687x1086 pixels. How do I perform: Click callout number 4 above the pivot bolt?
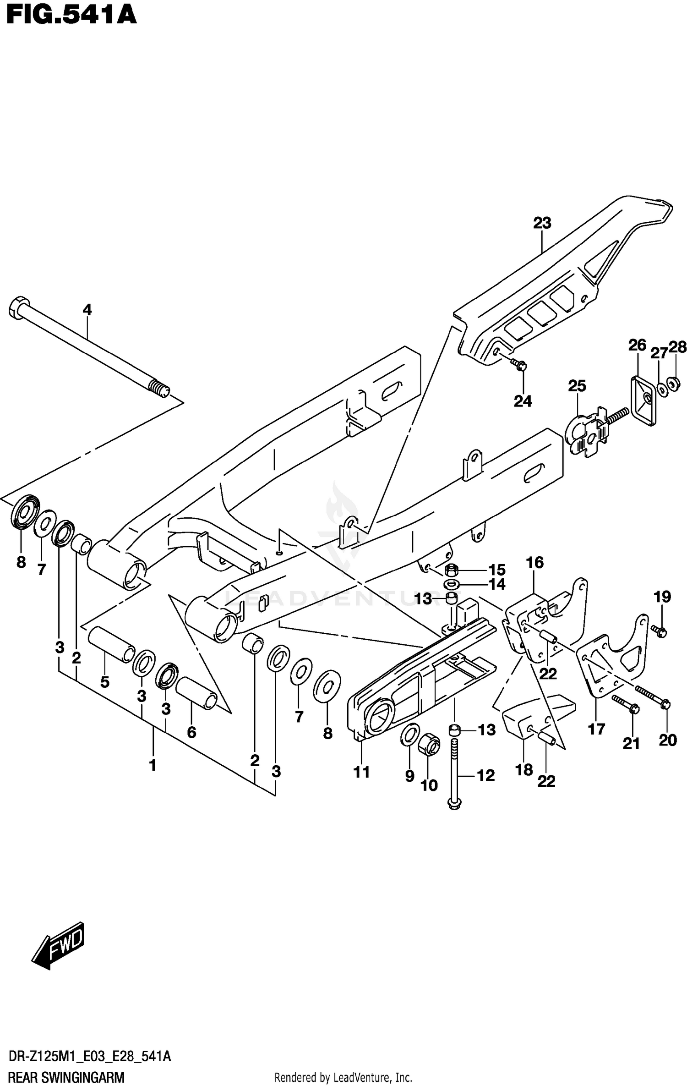pos(87,310)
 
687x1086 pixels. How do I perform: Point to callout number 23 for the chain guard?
pos(542,223)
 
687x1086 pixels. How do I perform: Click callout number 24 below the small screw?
pos(523,401)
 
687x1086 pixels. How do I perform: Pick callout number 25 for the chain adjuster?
pos(577,386)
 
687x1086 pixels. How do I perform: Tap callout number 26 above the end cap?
pos(637,345)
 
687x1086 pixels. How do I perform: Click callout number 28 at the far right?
pos(678,347)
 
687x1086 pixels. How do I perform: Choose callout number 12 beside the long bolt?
pos(486,775)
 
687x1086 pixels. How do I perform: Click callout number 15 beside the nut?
pos(496,570)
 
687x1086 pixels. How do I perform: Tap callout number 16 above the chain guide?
pos(534,562)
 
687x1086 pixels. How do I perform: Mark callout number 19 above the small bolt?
pos(662,596)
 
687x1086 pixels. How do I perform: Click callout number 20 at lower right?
pos(667,740)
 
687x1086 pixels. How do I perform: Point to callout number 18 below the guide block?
pos(524,769)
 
